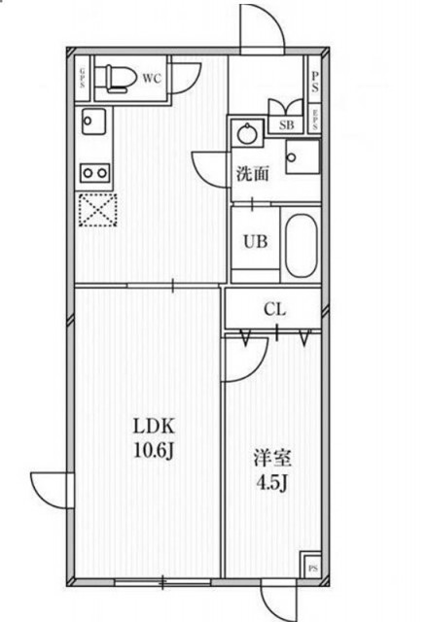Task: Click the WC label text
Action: pos(152,79)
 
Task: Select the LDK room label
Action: pos(154,424)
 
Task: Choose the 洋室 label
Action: pos(272,456)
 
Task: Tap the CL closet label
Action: pos(274,310)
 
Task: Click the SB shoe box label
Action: pos(287,124)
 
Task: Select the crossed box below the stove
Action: pos(96,208)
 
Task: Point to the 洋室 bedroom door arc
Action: pos(238,360)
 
